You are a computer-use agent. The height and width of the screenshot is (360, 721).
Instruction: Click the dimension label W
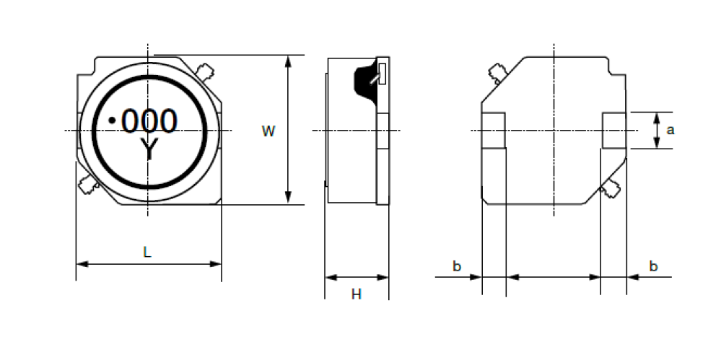point(268,131)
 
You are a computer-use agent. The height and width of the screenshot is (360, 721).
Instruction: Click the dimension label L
point(147,252)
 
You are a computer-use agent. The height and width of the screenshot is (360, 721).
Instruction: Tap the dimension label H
point(357,294)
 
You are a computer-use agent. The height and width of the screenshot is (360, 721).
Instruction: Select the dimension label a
point(670,130)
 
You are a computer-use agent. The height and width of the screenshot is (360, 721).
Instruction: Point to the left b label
point(457,265)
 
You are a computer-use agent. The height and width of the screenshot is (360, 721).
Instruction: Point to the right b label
point(653,265)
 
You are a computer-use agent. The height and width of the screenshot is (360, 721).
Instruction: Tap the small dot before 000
point(112,120)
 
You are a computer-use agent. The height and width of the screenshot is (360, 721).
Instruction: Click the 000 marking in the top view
point(149,121)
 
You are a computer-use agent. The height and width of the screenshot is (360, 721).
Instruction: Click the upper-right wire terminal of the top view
point(205,72)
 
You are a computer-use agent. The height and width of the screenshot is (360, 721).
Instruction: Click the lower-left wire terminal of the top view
point(88,185)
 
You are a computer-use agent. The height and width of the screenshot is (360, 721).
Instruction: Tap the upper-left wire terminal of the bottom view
point(497,74)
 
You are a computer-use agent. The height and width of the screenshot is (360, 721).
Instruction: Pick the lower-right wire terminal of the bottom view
point(611,188)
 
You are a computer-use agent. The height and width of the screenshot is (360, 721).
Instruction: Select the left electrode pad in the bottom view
point(494,131)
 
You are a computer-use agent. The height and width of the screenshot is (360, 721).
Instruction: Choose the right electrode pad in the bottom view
point(614,131)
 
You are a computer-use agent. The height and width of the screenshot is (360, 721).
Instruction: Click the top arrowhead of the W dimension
point(288,61)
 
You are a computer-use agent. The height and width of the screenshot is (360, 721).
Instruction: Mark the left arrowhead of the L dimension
point(82,264)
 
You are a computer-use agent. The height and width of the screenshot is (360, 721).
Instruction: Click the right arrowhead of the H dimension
point(383,277)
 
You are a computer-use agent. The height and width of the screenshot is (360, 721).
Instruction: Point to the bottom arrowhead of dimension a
point(657,143)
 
